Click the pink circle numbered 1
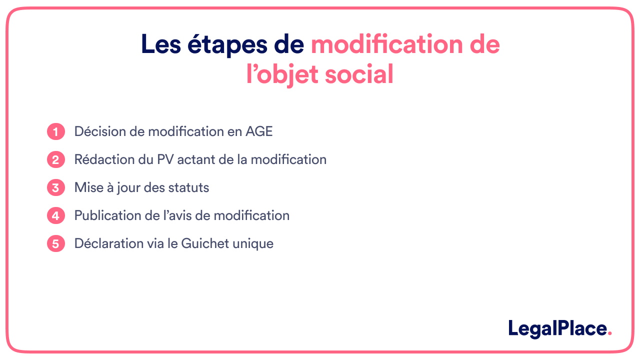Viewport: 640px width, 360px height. (56, 132)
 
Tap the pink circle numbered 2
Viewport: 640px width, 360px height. (56, 160)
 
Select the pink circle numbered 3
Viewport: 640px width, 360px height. (56, 188)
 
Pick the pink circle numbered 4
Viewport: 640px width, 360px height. (56, 216)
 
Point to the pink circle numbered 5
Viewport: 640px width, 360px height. (56, 244)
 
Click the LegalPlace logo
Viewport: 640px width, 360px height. (559, 328)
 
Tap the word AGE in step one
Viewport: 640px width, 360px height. (259, 131)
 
